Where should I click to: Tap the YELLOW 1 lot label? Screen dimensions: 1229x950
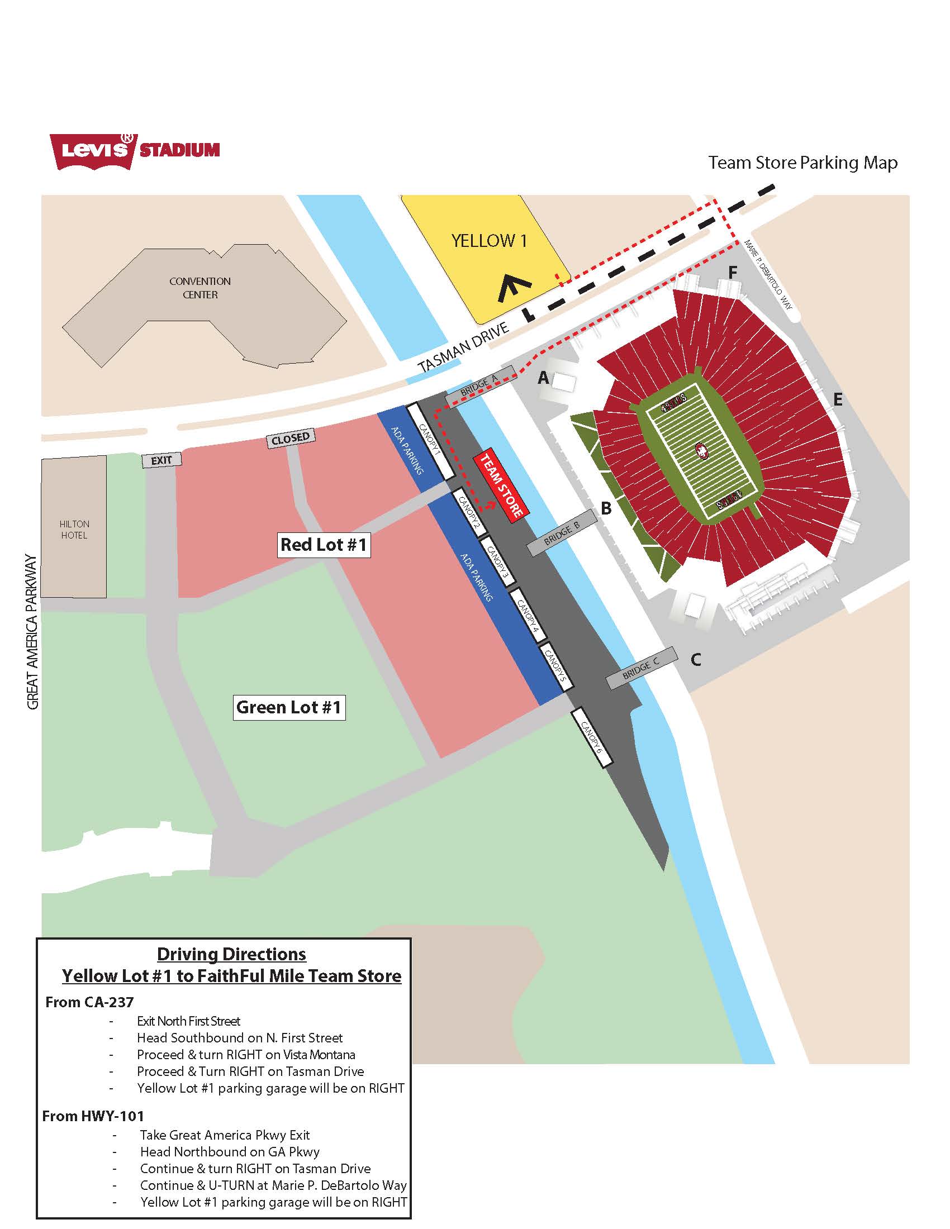click(489, 241)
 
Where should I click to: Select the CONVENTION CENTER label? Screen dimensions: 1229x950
click(200, 288)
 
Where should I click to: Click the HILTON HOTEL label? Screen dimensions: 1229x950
click(74, 530)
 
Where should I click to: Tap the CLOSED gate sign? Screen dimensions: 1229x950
click(291, 439)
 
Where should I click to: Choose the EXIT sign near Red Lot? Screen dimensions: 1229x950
click(161, 460)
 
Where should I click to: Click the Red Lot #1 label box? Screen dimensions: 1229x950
click(324, 545)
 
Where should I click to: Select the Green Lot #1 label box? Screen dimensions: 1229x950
click(289, 707)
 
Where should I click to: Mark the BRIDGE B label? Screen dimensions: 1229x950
click(562, 532)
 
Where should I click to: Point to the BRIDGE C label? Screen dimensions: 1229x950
click(641, 668)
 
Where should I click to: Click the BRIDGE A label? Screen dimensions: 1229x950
click(479, 385)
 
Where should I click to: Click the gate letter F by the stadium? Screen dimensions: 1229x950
click(733, 273)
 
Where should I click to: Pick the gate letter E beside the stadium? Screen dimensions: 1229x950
click(838, 399)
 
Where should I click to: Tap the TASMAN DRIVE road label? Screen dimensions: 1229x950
click(464, 347)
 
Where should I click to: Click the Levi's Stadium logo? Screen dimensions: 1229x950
click(135, 151)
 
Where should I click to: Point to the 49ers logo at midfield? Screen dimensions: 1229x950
click(702, 450)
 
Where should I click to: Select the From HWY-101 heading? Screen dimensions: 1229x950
click(93, 1116)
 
